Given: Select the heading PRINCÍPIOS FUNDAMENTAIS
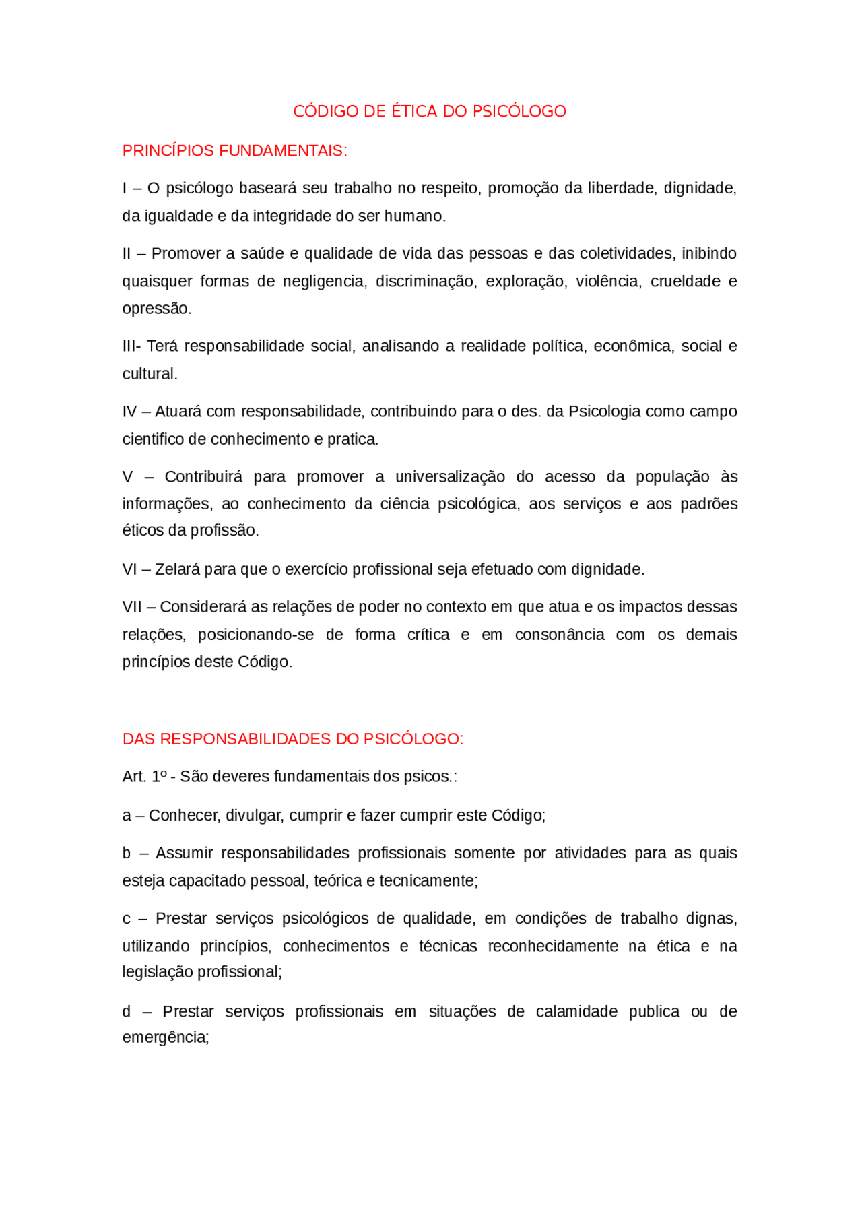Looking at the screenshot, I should click(x=234, y=150).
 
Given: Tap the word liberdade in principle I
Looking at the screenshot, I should click(x=620, y=188).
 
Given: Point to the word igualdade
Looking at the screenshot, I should click(x=179, y=216).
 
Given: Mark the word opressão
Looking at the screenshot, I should click(x=156, y=308).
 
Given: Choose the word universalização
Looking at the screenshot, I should click(x=450, y=476).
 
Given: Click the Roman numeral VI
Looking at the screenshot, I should click(x=129, y=569).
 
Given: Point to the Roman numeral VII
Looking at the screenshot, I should click(x=132, y=607).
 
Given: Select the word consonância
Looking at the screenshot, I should click(x=560, y=635).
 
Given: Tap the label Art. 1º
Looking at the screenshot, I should click(x=144, y=777).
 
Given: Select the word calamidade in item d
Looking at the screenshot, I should click(x=576, y=1011).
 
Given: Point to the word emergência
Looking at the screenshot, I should click(x=166, y=1037).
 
